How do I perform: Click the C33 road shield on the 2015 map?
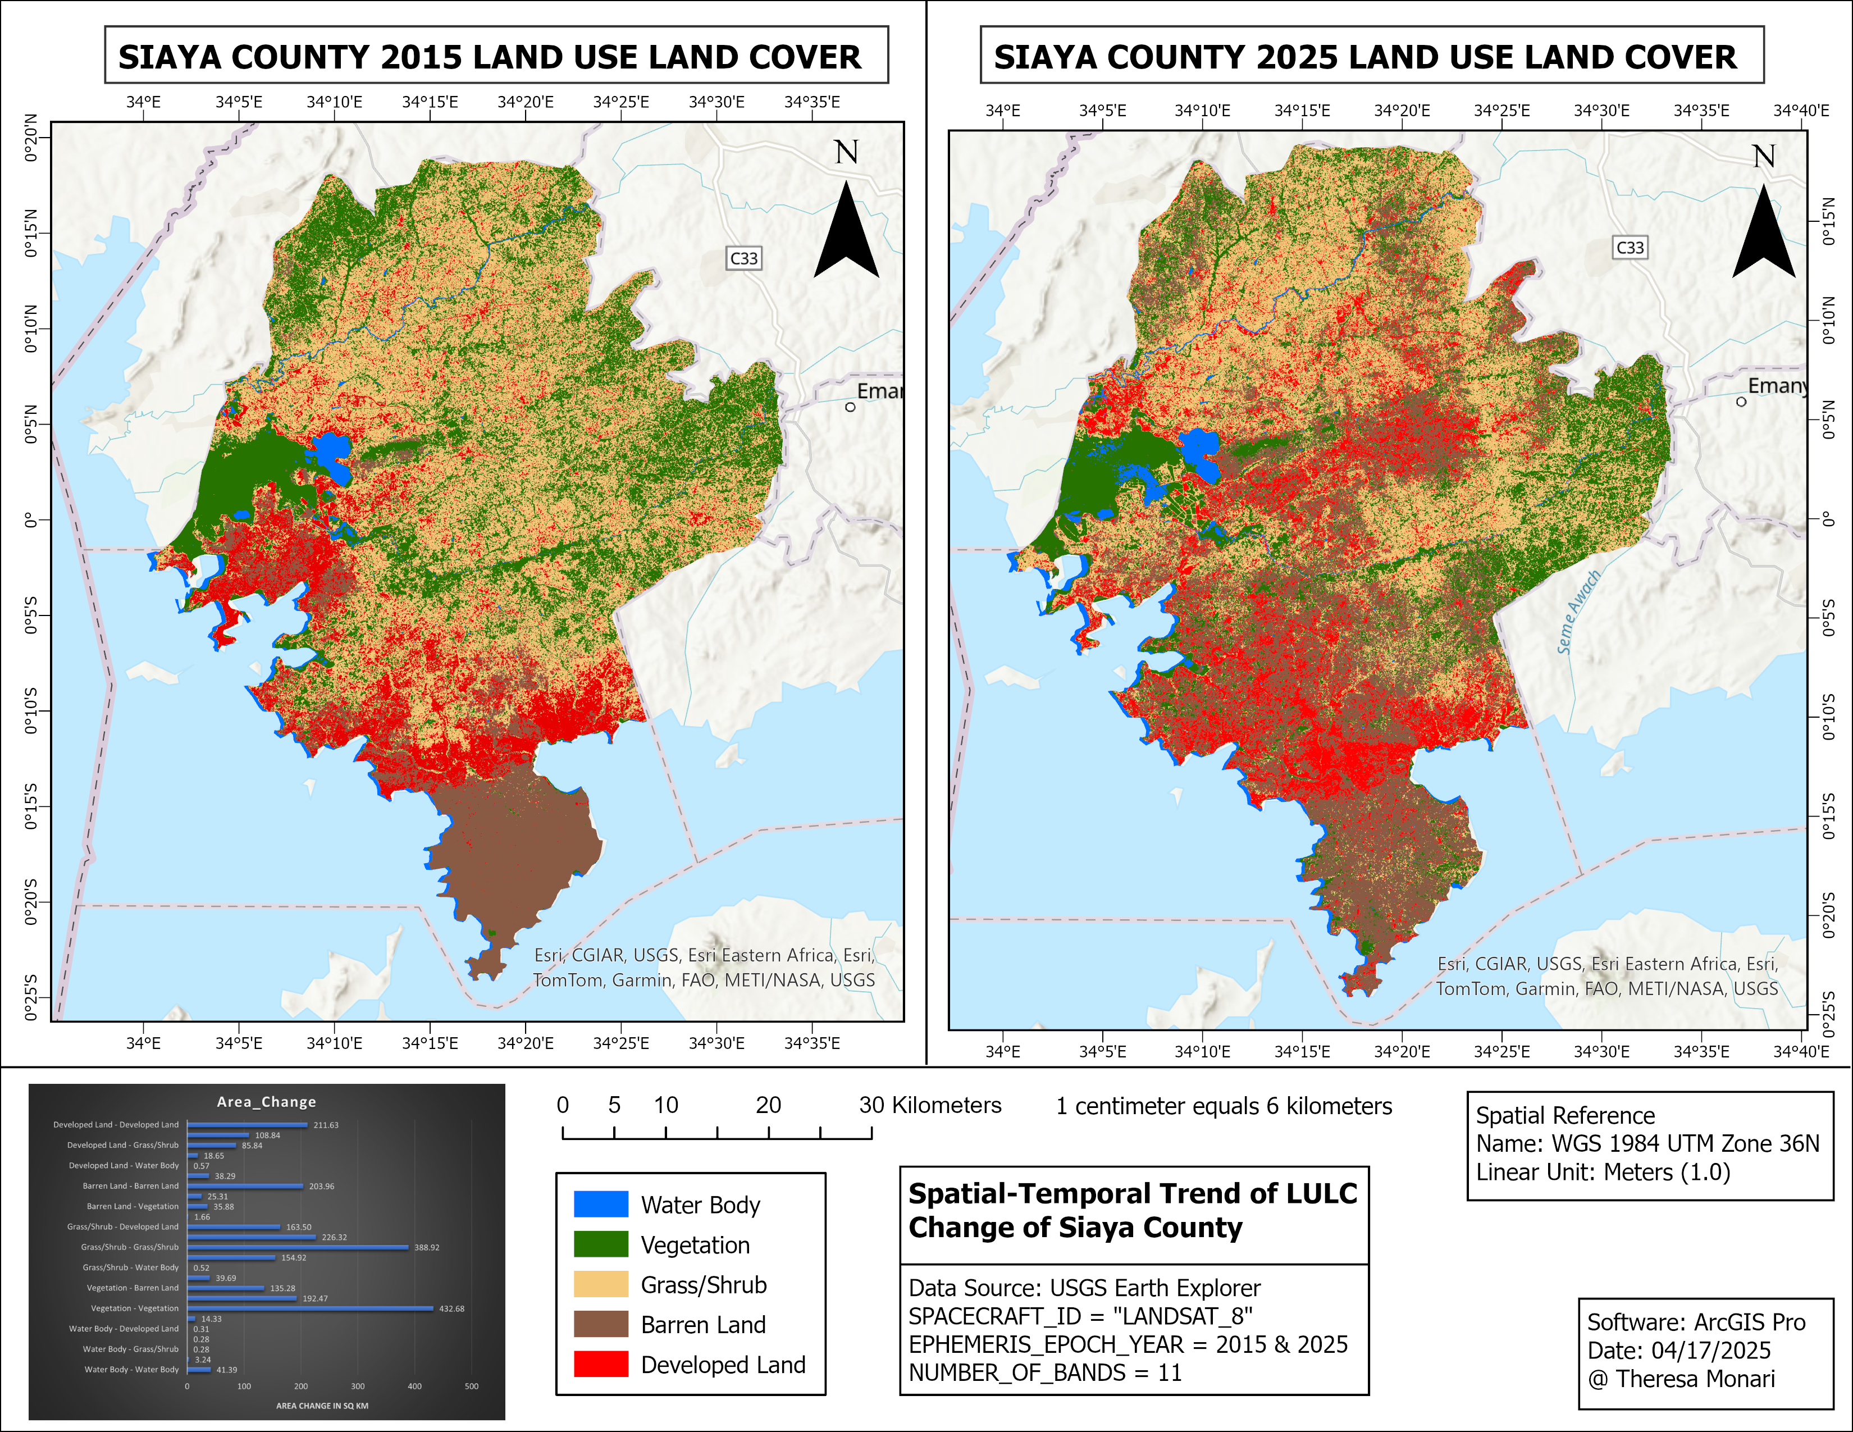[x=743, y=258]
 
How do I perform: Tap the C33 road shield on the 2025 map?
[x=1630, y=248]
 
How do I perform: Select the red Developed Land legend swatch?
[x=601, y=1364]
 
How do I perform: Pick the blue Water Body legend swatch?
[x=601, y=1204]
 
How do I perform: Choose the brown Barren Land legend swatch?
[x=601, y=1324]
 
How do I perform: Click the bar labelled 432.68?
[x=310, y=1308]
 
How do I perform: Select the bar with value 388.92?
[x=298, y=1247]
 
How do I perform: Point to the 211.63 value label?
[x=326, y=1125]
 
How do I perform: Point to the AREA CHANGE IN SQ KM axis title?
[x=322, y=1406]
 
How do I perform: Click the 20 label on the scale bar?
[x=769, y=1105]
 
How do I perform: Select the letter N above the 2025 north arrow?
[x=1764, y=156]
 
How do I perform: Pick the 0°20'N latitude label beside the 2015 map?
[x=31, y=138]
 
